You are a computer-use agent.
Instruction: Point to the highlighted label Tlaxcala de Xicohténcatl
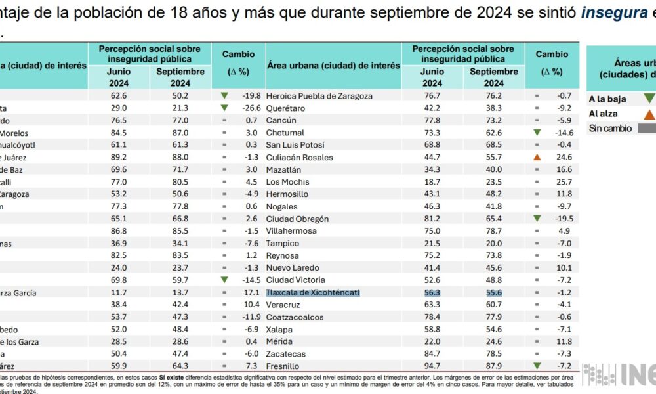(x=313, y=292)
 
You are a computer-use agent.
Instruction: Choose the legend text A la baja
(x=607, y=99)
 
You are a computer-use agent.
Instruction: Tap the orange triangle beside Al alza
(x=649, y=114)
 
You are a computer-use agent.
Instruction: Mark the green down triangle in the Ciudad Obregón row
(x=537, y=219)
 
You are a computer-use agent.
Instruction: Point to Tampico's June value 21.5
(x=432, y=243)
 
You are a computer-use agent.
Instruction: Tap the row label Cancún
(x=281, y=120)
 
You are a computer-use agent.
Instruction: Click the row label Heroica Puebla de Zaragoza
(x=319, y=96)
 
